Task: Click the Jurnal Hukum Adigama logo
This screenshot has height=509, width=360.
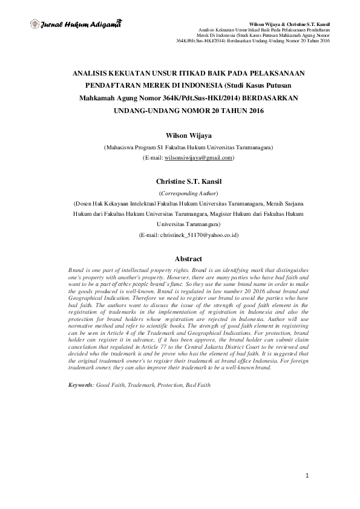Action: tap(76, 25)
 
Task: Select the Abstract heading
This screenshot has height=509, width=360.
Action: tap(180, 259)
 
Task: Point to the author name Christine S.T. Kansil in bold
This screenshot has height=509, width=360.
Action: tap(180, 181)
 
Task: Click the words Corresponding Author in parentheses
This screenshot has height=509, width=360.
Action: tap(180, 192)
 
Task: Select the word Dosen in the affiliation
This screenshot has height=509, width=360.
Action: tap(85, 203)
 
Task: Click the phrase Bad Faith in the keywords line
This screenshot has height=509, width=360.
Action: tap(198, 384)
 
